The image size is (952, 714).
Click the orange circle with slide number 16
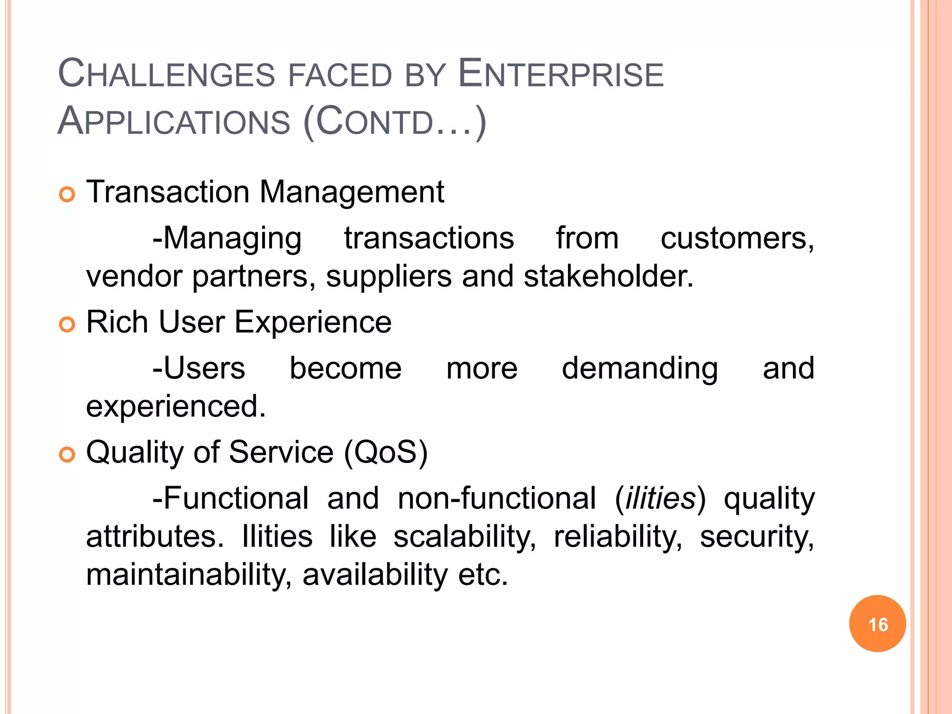point(877,624)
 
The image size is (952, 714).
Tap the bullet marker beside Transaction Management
point(67,194)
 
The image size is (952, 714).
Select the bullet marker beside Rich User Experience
point(67,324)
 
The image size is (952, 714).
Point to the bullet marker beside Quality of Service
point(67,455)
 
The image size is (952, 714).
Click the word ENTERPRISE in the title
point(561,74)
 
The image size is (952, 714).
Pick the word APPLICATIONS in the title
point(174,122)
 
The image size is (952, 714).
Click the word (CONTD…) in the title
point(395,122)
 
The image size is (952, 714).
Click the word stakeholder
point(608,277)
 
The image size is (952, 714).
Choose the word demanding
point(640,369)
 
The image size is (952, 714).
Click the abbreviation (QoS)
point(385,452)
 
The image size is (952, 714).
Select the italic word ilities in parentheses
point(660,499)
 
